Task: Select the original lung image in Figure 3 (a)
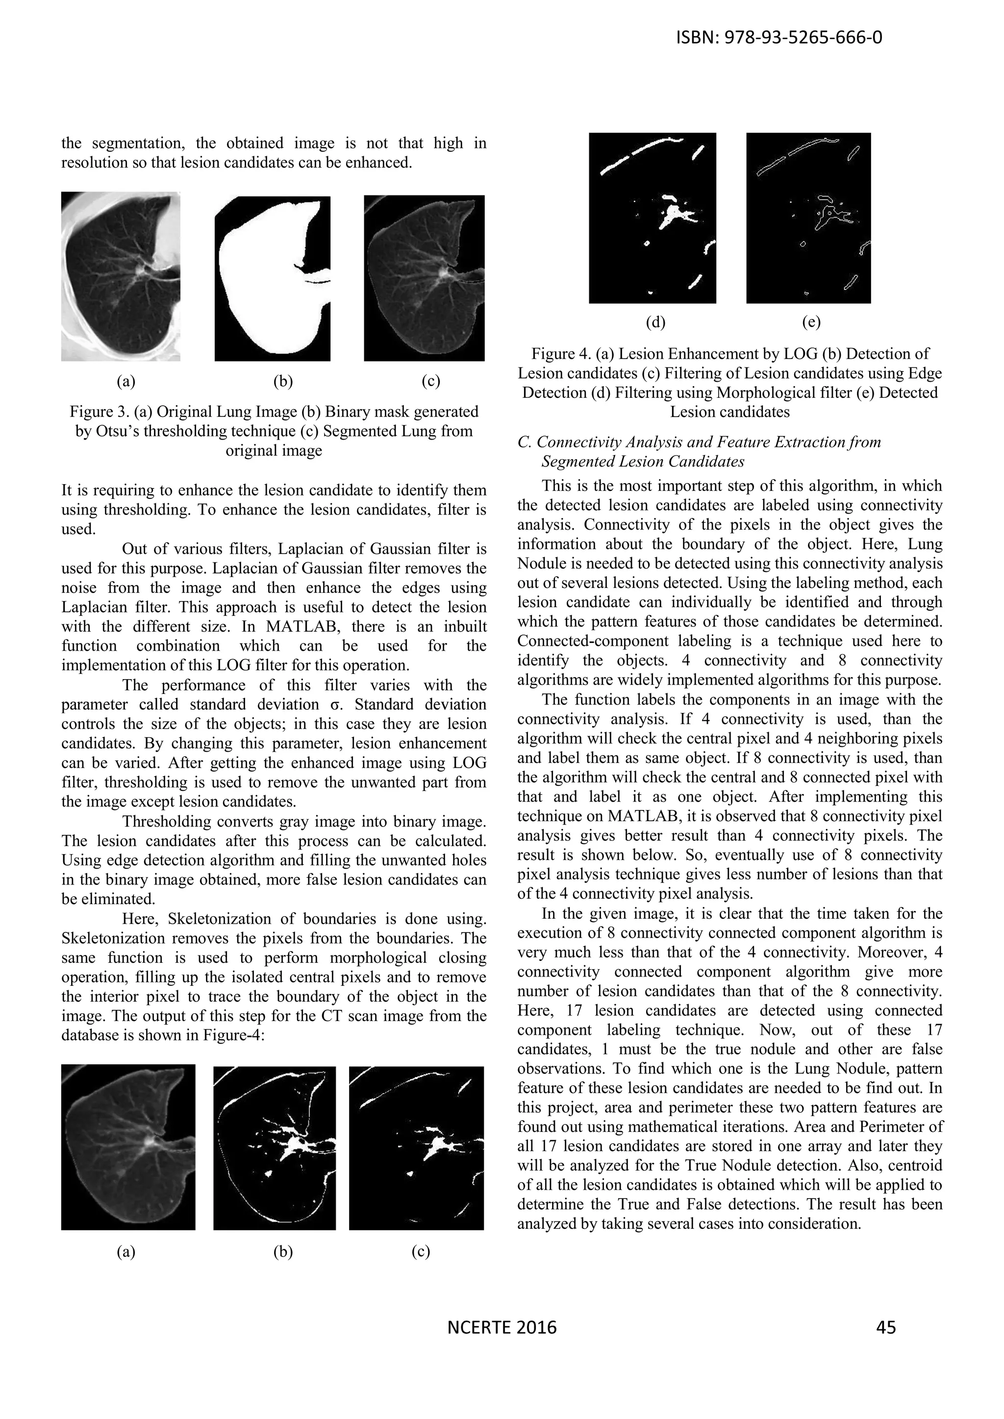click(x=121, y=276)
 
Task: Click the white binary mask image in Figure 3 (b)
click(x=272, y=278)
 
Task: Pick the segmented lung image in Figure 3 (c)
click(x=424, y=278)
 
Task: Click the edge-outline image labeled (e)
click(x=808, y=218)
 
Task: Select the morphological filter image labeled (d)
click(x=652, y=218)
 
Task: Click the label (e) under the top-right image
click(x=810, y=322)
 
